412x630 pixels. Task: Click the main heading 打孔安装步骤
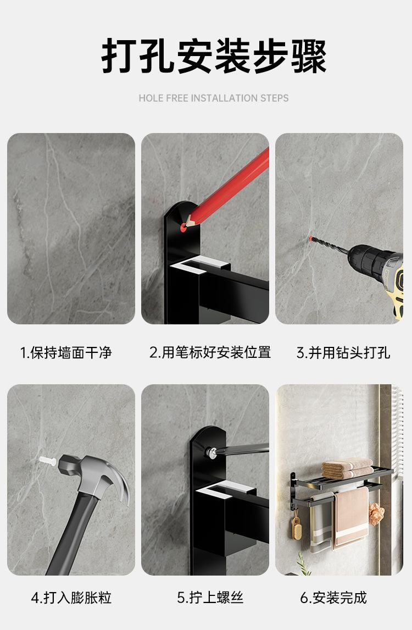214,57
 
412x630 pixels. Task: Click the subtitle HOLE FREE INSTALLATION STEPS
213,98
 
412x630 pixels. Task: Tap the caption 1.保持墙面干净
66,352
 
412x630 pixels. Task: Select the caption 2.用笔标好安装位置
210,352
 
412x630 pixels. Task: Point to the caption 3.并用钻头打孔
343,352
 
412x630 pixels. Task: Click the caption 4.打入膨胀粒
71,598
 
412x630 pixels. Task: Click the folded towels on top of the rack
346,468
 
